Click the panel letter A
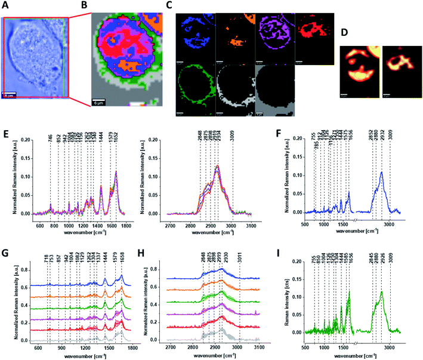(x=5, y=5)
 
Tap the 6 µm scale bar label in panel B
(x=99, y=106)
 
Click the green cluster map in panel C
(x=196, y=92)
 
